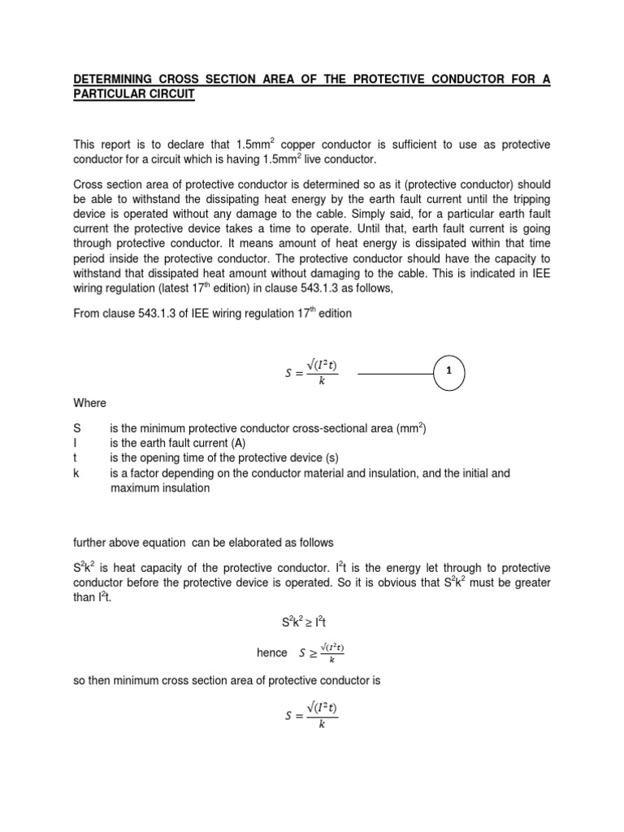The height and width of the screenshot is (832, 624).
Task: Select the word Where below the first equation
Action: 89,403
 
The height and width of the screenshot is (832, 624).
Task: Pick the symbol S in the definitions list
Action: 76,427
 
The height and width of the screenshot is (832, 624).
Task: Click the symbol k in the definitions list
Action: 76,474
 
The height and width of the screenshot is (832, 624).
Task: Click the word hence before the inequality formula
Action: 271,652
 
